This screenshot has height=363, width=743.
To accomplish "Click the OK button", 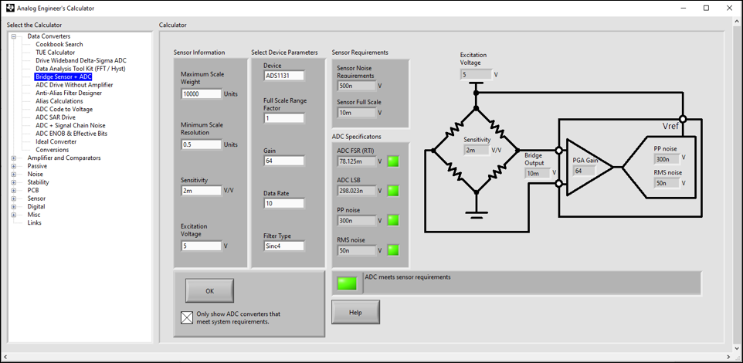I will (209, 290).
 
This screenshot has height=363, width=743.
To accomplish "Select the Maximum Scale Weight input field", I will (201, 94).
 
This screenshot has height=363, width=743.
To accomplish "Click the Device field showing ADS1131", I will (283, 76).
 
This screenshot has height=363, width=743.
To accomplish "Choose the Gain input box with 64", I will (283, 161).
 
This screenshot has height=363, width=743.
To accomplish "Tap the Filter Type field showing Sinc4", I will (283, 246).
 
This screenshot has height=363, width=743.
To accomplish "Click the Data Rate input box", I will (283, 204).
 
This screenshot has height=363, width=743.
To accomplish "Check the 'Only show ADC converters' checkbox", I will (186, 317).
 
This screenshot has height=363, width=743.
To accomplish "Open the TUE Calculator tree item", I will (55, 53).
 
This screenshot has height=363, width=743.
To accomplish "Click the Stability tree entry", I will (38, 182).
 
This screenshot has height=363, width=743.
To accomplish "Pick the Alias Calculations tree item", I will (59, 101).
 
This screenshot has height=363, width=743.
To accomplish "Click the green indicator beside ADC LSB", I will (393, 191).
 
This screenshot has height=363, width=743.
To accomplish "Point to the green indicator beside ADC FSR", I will (393, 161).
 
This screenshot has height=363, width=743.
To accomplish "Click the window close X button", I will (727, 8).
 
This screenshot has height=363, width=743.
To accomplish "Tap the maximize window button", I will (706, 8).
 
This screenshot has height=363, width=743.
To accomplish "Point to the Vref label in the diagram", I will (670, 126).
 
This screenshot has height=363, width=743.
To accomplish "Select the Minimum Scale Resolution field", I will (201, 144).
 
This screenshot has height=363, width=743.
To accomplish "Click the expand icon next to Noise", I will (13, 175).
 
